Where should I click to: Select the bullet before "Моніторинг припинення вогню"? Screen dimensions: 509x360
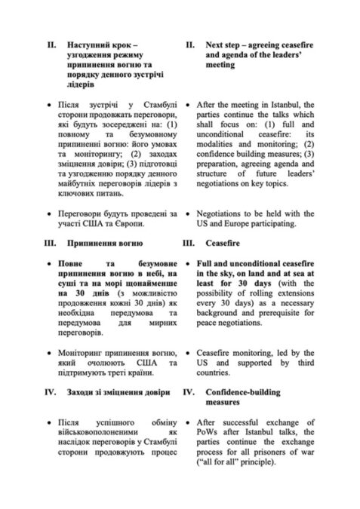tap(50, 352)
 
